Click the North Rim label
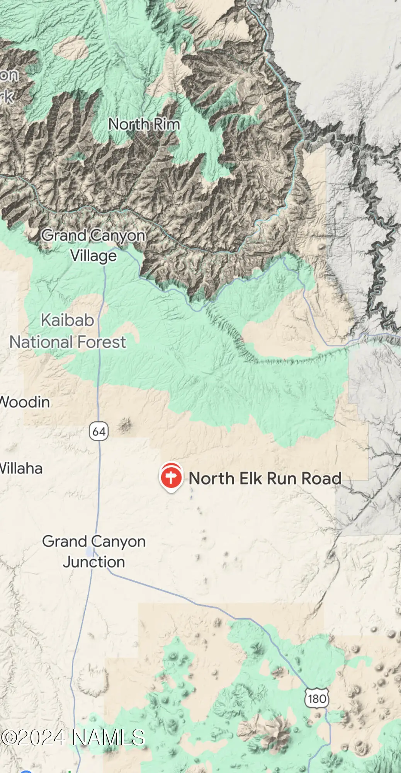point(144,124)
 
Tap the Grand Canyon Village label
point(93,245)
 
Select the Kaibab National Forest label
point(68,331)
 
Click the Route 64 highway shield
point(99,431)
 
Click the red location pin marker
point(171,478)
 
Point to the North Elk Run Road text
point(265,478)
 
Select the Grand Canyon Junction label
point(94,552)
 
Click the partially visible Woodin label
point(25,402)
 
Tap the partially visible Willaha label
point(21,468)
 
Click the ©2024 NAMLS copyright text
point(73,737)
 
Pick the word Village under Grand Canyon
point(93,256)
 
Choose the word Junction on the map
point(94,562)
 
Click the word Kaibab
point(68,320)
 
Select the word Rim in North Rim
point(167,124)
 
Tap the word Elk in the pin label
point(251,478)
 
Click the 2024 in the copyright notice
point(41,737)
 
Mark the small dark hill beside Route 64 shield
point(124,426)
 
